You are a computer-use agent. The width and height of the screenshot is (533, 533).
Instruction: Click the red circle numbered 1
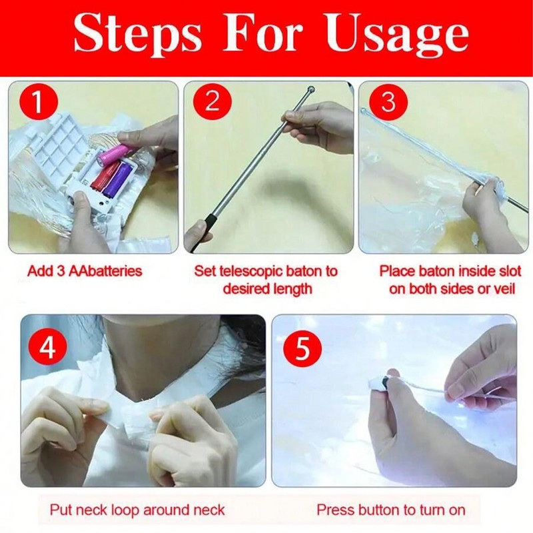click(x=39, y=101)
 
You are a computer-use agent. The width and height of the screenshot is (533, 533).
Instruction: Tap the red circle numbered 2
click(x=213, y=101)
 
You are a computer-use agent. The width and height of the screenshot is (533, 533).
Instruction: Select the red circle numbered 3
click(x=388, y=101)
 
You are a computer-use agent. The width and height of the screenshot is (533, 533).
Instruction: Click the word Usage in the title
click(x=397, y=36)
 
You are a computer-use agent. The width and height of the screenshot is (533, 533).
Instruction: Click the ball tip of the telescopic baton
click(x=310, y=91)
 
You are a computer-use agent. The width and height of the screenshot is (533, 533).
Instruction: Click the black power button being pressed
click(x=386, y=382)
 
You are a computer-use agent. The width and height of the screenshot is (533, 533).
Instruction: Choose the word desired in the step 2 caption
click(x=244, y=289)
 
